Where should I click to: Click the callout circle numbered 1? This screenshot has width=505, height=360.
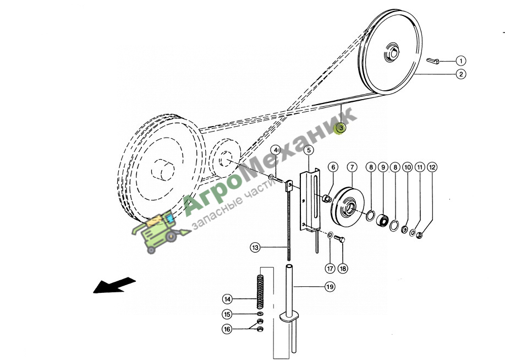pos(461,61)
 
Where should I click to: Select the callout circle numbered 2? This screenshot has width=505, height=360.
pos(461,74)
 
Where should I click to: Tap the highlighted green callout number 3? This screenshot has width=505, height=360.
pos(341,128)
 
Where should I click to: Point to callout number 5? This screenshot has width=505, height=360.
pos(309,150)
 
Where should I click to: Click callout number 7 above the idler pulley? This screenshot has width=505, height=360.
pos(352,167)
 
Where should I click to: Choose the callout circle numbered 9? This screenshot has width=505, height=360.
pos(383,167)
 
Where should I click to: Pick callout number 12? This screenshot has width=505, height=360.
pos(432,167)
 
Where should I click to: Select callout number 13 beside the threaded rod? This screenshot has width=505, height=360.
pos(255,248)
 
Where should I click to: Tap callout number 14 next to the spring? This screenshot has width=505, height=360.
pos(227,299)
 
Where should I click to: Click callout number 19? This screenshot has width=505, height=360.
pos(330,287)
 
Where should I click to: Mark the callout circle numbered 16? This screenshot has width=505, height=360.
pos(227,329)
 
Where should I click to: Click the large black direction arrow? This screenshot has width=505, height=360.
pos(114,285)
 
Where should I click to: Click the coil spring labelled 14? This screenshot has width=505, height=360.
pos(260,292)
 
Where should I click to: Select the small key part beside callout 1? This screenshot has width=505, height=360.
pos(432,61)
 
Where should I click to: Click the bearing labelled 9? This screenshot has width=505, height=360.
pos(382,220)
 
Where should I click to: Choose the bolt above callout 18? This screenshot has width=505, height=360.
pos(339,239)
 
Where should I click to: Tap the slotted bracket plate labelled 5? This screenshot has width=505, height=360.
pos(310,201)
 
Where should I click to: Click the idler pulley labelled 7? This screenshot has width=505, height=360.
pos(348,207)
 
